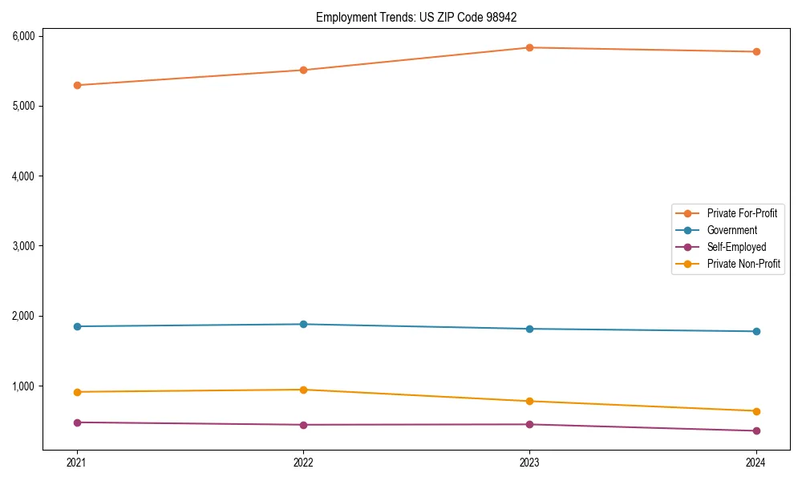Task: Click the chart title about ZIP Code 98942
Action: pyautogui.click(x=422, y=17)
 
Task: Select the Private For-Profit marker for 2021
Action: pyautogui.click(x=77, y=85)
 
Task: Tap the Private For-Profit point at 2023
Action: pyautogui.click(x=529, y=47)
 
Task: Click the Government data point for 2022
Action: pyautogui.click(x=303, y=324)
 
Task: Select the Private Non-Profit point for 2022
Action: pyautogui.click(x=303, y=390)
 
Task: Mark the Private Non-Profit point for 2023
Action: pyautogui.click(x=529, y=401)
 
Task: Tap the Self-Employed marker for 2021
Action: pyautogui.click(x=77, y=422)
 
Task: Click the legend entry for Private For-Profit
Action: pyautogui.click(x=742, y=213)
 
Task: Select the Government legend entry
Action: pyautogui.click(x=731, y=230)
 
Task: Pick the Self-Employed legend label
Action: pyautogui.click(x=736, y=247)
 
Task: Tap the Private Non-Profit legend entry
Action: pyautogui.click(x=743, y=264)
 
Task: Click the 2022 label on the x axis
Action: pyautogui.click(x=303, y=462)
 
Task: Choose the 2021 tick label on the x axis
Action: pyautogui.click(x=77, y=462)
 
